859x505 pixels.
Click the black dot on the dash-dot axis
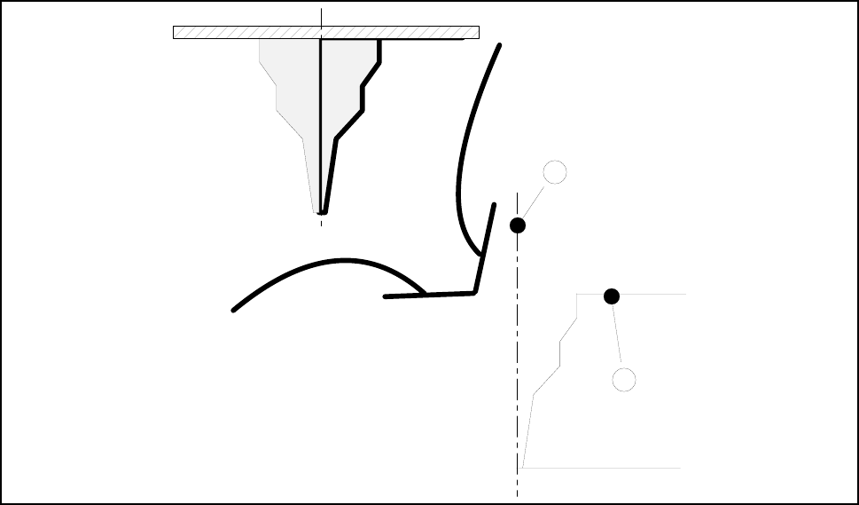(518, 225)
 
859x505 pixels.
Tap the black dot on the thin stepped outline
(611, 296)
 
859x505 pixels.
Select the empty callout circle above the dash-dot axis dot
(555, 172)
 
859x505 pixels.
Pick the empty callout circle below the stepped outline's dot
(624, 380)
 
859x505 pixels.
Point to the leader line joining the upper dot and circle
(535, 201)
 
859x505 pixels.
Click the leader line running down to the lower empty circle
(617, 335)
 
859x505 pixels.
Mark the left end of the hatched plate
(175, 33)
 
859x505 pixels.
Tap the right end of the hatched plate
(478, 33)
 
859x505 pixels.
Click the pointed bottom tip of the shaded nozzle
(320, 213)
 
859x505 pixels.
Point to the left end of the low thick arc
(233, 310)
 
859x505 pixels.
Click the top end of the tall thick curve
(501, 45)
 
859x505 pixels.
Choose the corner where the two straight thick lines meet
(476, 291)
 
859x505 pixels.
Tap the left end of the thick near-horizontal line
(385, 296)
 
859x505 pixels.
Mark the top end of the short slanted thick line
(493, 205)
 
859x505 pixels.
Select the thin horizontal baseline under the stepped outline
(603, 467)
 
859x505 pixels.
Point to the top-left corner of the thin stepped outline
(577, 294)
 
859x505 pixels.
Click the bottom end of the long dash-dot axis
(517, 495)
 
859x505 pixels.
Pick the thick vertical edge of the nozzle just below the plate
(380, 51)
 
